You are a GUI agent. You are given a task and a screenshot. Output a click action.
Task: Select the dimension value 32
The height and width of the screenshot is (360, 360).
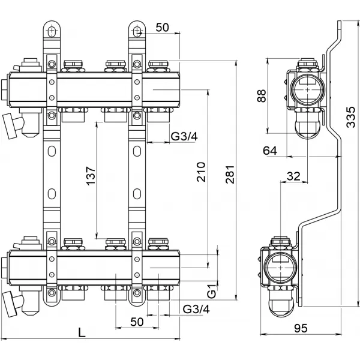click(x=293, y=176)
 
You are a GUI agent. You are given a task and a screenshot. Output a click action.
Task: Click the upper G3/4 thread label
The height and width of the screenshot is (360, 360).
click(x=184, y=137)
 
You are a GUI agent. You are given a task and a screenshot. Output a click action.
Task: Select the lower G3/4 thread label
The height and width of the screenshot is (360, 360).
click(x=196, y=310)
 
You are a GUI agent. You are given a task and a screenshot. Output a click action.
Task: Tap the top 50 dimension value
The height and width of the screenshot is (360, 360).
click(x=161, y=27)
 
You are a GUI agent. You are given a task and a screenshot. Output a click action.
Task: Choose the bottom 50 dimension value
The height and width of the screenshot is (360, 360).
click(x=137, y=322)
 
